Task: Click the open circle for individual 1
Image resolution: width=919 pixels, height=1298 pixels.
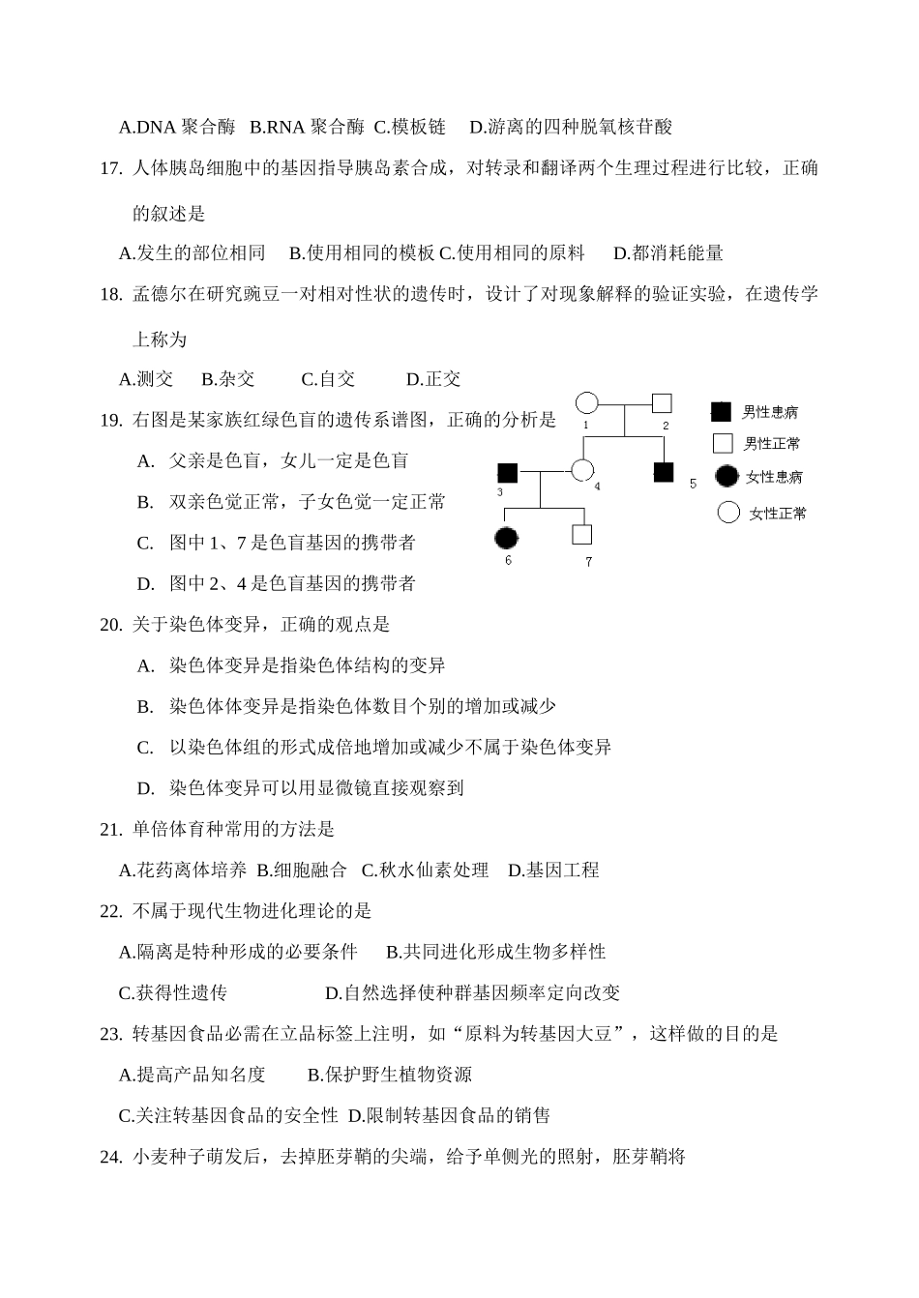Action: pyautogui.click(x=586, y=403)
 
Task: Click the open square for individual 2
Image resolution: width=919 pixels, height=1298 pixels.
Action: pyautogui.click(x=662, y=402)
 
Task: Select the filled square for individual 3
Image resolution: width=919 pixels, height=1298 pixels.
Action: pyautogui.click(x=507, y=472)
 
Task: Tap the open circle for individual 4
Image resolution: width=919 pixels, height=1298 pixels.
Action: pyautogui.click(x=581, y=471)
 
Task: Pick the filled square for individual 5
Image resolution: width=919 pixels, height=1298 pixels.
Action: pyautogui.click(x=664, y=472)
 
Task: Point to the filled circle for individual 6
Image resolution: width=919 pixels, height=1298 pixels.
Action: pyautogui.click(x=506, y=538)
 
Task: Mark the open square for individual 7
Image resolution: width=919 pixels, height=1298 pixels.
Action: pyautogui.click(x=581, y=534)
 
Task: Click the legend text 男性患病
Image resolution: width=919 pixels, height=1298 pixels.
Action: pyautogui.click(x=770, y=413)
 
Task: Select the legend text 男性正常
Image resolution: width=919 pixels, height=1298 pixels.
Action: pyautogui.click(x=771, y=445)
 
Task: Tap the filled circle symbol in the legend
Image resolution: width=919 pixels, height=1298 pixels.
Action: pyautogui.click(x=727, y=476)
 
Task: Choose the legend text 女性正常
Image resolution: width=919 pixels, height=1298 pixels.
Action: pyautogui.click(x=778, y=514)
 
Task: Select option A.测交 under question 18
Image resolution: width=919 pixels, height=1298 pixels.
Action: pyautogui.click(x=146, y=379)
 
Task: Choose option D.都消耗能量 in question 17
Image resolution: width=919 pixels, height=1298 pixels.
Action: pyautogui.click(x=668, y=253)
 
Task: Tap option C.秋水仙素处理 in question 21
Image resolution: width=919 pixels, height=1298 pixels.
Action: pyautogui.click(x=425, y=870)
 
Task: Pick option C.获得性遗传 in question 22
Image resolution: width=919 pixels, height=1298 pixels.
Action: pyautogui.click(x=173, y=993)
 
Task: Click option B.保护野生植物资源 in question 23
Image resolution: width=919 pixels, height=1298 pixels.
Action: pyautogui.click(x=390, y=1075)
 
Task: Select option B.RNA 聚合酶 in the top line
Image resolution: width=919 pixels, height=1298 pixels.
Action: pyautogui.click(x=307, y=127)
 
